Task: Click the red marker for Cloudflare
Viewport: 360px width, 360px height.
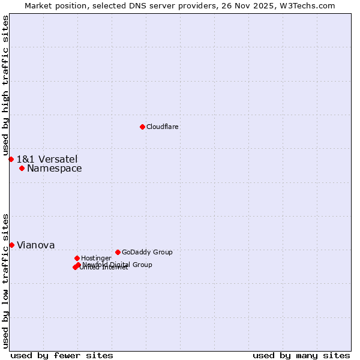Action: point(142,127)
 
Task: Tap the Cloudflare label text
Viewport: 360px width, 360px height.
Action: point(162,127)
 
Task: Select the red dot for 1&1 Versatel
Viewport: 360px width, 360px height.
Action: point(11,159)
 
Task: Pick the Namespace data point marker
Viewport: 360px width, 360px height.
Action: point(22,168)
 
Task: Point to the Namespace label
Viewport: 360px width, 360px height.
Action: point(54,169)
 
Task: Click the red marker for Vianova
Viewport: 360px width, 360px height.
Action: point(11,245)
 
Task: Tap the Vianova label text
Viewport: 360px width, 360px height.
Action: point(35,245)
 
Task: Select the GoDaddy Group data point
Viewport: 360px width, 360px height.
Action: point(118,252)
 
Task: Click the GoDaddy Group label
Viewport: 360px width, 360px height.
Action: point(147,253)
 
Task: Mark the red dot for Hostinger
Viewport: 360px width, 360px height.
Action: point(77,258)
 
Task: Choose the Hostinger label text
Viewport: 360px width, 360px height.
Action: point(96,259)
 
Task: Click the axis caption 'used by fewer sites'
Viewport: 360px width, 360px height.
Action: point(62,355)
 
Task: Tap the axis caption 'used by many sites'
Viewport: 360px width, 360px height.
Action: point(301,355)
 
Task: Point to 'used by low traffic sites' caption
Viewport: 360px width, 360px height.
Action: point(6,281)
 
